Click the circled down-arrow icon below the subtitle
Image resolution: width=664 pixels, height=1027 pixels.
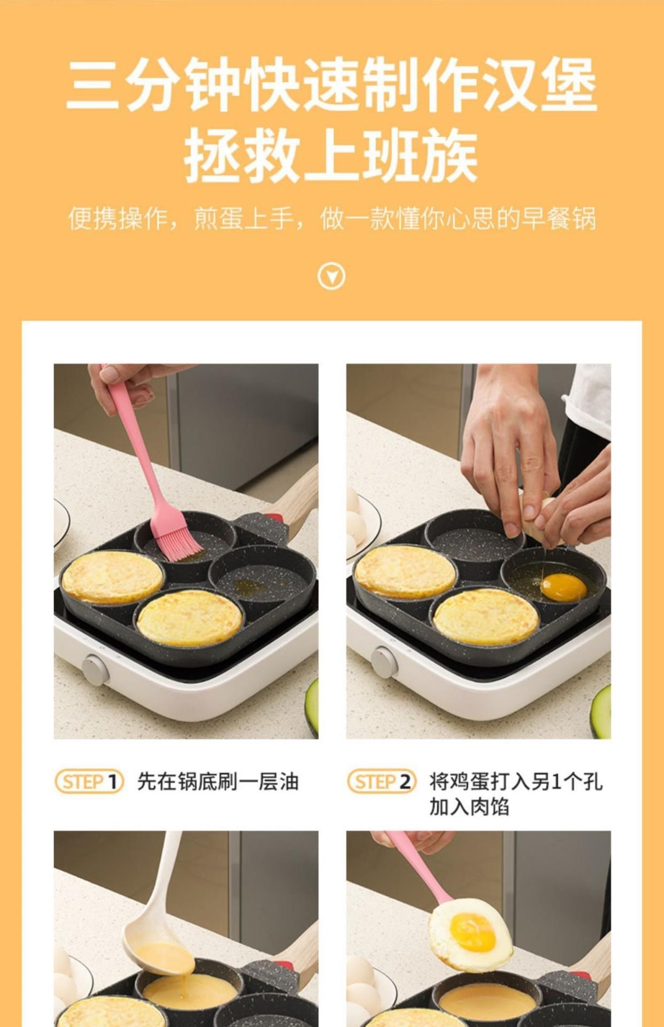(x=331, y=277)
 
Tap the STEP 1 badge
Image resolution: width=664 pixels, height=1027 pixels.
(x=89, y=782)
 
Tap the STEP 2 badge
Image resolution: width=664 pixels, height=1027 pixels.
(x=382, y=782)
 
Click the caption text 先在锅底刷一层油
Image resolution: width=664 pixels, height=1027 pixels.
(x=218, y=782)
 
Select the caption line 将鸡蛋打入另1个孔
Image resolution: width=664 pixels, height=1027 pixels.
(x=516, y=781)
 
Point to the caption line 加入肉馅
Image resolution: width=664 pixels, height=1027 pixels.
(x=469, y=807)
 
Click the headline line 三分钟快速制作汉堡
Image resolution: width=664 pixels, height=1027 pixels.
(x=331, y=85)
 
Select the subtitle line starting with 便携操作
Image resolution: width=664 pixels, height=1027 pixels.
(x=332, y=219)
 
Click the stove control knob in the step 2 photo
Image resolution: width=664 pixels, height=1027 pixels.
(x=384, y=663)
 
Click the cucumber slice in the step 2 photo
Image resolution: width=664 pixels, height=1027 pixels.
(x=601, y=711)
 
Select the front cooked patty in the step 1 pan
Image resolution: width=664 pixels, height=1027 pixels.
(x=190, y=618)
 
